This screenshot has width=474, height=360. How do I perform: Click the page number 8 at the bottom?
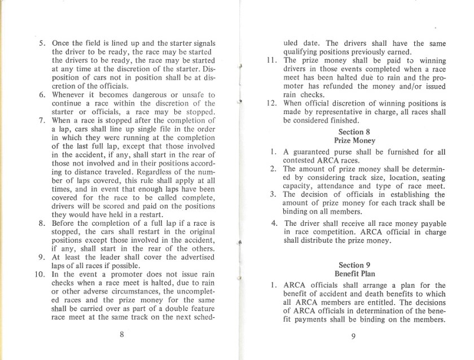(x=122, y=333)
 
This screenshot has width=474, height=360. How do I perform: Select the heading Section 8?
(x=352, y=131)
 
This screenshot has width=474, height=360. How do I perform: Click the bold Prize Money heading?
(x=352, y=140)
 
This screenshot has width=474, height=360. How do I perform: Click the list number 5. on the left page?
(x=42, y=43)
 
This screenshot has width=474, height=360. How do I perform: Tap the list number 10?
(x=40, y=275)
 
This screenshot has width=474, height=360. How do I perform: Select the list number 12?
(x=272, y=103)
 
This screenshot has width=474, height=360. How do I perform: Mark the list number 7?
(x=42, y=120)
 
